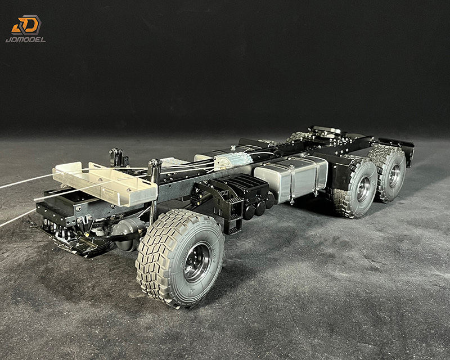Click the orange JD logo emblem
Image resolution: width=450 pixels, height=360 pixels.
[x=26, y=25]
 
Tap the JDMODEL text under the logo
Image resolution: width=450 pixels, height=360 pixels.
[x=25, y=39]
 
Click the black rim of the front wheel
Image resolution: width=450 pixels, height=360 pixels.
[x=197, y=262]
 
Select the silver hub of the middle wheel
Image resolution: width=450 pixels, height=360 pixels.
[x=364, y=190]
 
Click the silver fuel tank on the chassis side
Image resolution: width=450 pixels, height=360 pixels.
[x=291, y=178]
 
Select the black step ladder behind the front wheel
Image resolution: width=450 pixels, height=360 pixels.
[x=233, y=215]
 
